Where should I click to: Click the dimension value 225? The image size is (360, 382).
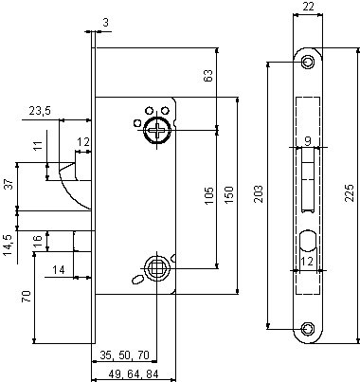[350, 193]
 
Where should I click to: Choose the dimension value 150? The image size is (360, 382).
[227, 193]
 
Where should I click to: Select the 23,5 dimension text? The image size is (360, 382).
[39, 111]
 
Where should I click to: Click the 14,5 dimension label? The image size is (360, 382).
[9, 245]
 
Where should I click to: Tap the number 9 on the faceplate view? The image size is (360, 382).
[307, 141]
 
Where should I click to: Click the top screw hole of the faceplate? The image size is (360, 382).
[307, 62]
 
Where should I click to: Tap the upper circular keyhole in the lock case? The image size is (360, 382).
[153, 131]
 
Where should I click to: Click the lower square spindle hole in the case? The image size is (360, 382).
[153, 268]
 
